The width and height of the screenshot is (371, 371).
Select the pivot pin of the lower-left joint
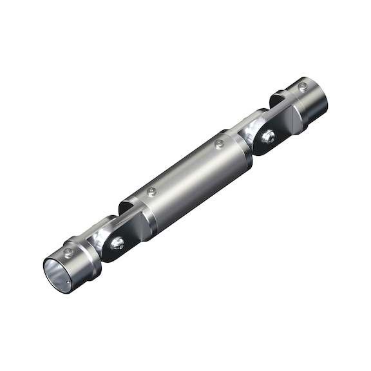coord(117,243)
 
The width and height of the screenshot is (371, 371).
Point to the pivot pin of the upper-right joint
coord(268,136)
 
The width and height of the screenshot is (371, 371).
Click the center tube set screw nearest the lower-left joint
coord(151,192)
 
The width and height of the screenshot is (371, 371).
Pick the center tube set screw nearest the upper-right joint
coord(219,144)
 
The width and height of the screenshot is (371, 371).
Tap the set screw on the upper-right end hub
coord(302,86)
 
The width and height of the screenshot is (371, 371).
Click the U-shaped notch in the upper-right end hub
coord(279,99)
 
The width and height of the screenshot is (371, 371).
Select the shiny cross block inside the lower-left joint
coord(102,237)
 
